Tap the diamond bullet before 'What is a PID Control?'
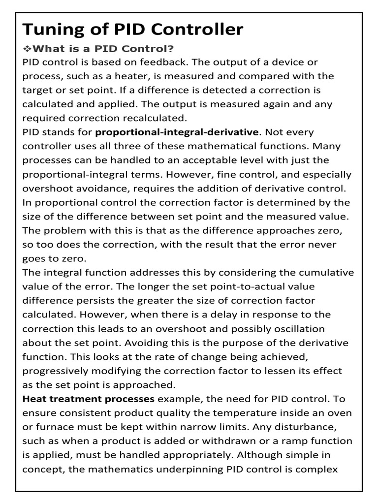coord(27,49)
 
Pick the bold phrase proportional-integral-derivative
coord(177,132)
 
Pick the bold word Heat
coord(35,399)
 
